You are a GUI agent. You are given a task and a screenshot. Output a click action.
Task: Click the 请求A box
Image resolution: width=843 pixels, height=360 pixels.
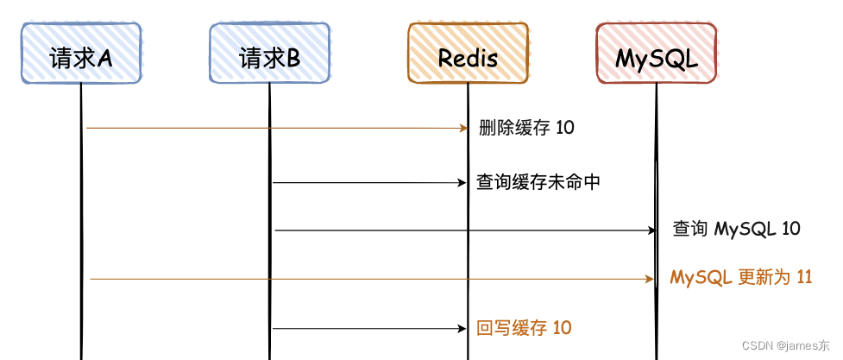[x=80, y=54]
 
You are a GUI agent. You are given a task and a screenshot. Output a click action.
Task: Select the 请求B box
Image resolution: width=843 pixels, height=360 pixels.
[x=269, y=54]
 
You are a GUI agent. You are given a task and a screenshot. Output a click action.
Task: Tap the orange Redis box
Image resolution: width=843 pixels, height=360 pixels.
[x=468, y=54]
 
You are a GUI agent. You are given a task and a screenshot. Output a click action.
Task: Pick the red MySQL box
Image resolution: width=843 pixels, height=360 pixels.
[x=656, y=54]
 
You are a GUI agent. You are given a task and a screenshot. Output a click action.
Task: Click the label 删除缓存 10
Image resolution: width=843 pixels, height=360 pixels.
[x=526, y=128]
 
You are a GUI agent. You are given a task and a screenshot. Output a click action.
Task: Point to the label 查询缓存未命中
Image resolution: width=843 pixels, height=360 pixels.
[x=538, y=182]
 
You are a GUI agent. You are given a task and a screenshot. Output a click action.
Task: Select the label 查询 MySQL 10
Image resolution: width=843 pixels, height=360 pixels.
[x=736, y=230]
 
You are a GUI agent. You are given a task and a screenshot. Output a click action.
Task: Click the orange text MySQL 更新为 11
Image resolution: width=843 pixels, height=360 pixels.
[x=741, y=278]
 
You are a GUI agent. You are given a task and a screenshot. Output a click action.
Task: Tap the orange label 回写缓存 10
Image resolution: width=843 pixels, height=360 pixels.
[x=524, y=328]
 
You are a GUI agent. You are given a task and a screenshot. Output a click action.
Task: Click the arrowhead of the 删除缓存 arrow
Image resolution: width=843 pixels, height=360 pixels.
[x=462, y=128]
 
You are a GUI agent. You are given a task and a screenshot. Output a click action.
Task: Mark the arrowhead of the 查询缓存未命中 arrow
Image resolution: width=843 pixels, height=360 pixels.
[x=462, y=182]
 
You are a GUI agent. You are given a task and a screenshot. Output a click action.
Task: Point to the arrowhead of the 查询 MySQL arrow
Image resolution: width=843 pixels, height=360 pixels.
[x=652, y=231]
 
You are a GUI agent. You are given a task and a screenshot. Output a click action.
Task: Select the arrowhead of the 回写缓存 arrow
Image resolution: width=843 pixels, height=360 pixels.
[x=462, y=328]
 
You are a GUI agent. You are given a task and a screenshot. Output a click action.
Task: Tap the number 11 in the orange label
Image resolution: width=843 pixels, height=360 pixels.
[x=803, y=278]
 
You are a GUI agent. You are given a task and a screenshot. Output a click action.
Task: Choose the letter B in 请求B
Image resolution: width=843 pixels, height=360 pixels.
[x=293, y=58]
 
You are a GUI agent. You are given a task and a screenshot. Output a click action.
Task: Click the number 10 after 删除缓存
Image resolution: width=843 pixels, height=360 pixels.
[x=565, y=128]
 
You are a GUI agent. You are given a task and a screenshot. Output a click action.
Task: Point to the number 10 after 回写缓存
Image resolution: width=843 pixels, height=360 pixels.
[x=562, y=328]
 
